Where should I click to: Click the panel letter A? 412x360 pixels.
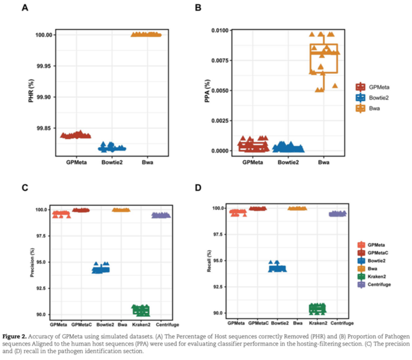(24, 8)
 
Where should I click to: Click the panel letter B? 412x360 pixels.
(198, 8)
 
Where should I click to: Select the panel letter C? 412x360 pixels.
(24, 188)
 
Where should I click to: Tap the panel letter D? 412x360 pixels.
(198, 188)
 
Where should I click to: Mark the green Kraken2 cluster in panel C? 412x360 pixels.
(141, 309)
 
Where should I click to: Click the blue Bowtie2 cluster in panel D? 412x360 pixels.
(277, 268)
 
